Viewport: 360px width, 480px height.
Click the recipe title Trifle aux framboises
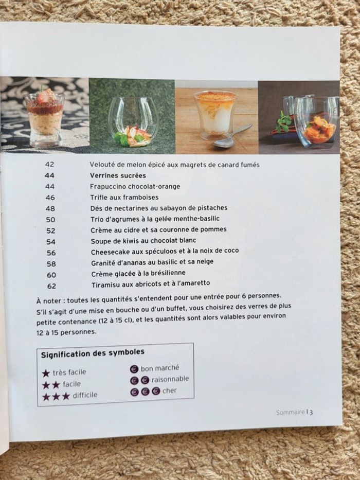pos(117,198)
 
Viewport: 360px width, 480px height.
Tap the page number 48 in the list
pos(50,208)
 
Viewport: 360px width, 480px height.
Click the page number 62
pos(51,286)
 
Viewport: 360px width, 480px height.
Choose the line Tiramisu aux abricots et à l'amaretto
pos(151,284)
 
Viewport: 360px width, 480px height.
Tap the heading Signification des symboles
pos(93,353)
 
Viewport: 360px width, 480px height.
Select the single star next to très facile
pos(46,372)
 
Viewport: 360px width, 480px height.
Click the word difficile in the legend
pos(85,395)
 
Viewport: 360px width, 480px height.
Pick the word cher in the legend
pos(169,390)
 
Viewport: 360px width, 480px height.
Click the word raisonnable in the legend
pos(170,379)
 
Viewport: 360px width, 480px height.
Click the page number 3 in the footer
pos(312,412)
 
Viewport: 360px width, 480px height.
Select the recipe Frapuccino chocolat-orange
pos(135,186)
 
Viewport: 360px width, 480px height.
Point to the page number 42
pos(50,165)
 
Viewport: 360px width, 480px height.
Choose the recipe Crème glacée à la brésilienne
pos(138,273)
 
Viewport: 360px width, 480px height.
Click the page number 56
pos(51,253)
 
